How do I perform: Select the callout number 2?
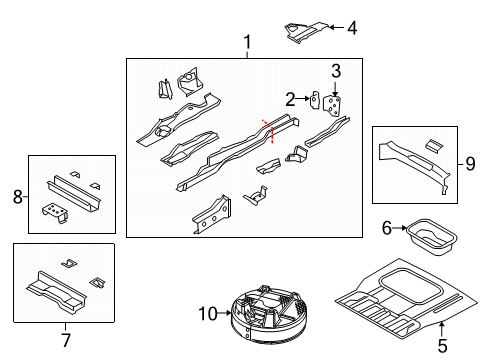click(x=291, y=98)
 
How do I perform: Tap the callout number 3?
click(x=337, y=70)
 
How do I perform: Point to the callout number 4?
click(x=351, y=28)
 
